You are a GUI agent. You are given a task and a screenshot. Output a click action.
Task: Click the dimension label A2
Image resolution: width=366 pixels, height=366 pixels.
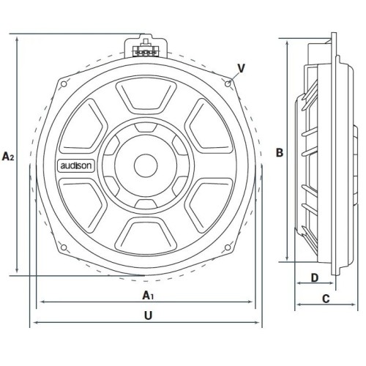[8, 157]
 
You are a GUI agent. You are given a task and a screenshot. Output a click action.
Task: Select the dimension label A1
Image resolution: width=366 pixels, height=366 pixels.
[148, 295]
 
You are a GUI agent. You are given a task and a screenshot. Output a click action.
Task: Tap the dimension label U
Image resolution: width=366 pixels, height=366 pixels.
[148, 315]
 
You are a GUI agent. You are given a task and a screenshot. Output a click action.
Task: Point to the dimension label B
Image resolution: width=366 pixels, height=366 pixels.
[280, 152]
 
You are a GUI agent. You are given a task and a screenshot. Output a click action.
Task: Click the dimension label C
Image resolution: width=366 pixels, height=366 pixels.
[326, 299]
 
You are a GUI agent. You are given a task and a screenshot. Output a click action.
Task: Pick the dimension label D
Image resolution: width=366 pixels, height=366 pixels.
[315, 277]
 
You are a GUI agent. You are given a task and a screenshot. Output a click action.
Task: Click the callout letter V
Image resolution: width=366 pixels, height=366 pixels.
[241, 69]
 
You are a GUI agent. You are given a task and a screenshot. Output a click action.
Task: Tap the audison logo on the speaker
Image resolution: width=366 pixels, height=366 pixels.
[76, 165]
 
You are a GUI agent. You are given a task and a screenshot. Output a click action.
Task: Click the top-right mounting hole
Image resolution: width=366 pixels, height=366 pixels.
[228, 84]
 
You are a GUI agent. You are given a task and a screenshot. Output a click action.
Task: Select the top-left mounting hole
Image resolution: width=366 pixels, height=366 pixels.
[64, 84]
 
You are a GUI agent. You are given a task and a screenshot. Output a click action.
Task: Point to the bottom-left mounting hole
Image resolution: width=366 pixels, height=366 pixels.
[64, 247]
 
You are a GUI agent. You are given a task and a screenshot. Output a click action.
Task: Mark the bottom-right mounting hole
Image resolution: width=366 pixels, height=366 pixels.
[228, 247]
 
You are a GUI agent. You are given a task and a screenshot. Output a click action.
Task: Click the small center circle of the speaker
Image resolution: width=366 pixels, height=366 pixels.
[146, 165]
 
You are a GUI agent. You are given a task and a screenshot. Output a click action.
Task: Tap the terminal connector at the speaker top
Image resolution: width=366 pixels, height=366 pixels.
[146, 50]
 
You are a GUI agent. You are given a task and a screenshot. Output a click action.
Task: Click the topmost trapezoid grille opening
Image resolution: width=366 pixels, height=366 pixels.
[146, 97]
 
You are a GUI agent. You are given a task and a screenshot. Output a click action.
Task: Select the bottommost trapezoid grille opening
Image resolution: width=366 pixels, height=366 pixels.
[146, 235]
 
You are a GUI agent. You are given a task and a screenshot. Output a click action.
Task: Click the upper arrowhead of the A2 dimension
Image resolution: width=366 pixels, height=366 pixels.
[17, 40]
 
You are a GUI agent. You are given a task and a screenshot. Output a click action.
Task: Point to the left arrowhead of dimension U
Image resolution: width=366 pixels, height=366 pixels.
[36, 322]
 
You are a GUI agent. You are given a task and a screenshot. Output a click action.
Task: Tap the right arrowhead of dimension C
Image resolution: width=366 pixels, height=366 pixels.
[353, 305]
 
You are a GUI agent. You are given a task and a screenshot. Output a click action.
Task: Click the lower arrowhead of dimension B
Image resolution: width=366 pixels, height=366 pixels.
[288, 258]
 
